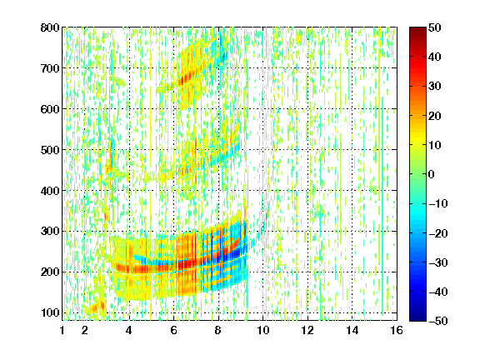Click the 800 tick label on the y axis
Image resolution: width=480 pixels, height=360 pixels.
[50, 27]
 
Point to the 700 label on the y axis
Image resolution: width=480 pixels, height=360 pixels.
[50, 68]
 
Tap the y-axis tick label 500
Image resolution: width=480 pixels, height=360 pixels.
[50, 150]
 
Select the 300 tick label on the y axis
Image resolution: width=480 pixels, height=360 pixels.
[50, 232]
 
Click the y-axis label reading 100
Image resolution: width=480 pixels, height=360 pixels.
[50, 312]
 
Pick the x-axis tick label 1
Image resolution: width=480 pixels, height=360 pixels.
[62, 330]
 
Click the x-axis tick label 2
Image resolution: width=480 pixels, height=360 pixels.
[85, 330]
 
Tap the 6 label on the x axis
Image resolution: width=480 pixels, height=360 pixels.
[173, 330]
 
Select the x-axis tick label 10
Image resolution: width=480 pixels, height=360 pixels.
[262, 330]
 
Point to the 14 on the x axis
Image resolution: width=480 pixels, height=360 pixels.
[352, 330]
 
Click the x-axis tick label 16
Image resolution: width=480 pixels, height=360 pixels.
[397, 330]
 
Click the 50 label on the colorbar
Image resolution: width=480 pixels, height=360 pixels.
[435, 27]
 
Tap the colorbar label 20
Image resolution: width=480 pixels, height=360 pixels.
[435, 116]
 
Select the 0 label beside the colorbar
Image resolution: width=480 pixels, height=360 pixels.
[432, 174]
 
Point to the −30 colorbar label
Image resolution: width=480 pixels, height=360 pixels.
[438, 262]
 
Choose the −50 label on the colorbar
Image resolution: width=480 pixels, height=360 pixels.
[438, 321]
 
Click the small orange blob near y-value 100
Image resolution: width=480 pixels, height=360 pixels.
[97, 307]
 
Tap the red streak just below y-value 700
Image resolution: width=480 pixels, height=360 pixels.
[187, 79]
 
